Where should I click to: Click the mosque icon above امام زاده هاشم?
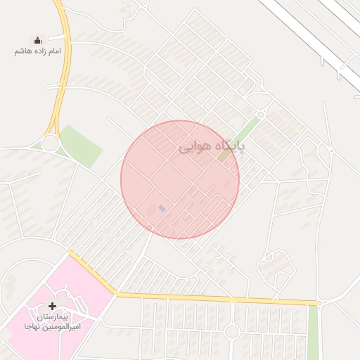(x=37, y=41)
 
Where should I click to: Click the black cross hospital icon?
(x=53, y=306)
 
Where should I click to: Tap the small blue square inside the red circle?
(x=162, y=208)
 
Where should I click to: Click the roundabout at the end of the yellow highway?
(x=49, y=143)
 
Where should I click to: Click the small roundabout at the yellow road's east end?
(x=319, y=303)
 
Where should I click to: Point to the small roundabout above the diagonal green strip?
(x=261, y=113)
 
